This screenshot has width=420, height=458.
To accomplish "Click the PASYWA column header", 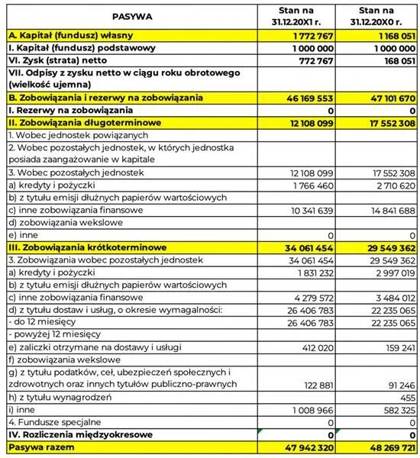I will pyautogui.click(x=131, y=16).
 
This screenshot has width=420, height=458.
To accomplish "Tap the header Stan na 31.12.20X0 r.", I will pyautogui.click(x=376, y=16).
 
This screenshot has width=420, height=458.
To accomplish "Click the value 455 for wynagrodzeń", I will pyautogui.click(x=406, y=397).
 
